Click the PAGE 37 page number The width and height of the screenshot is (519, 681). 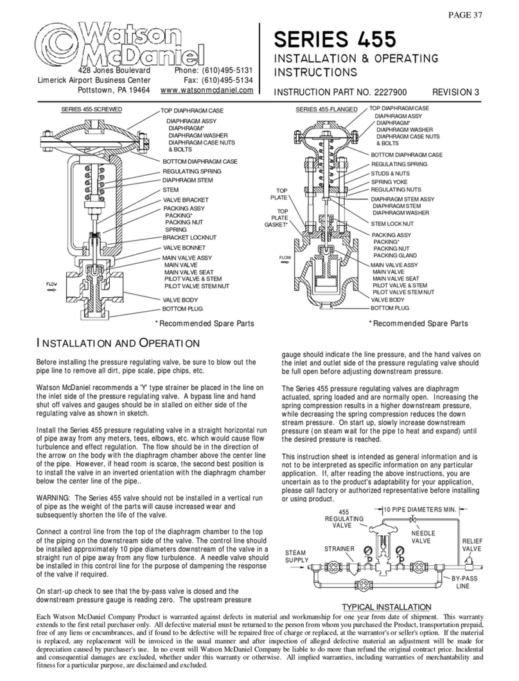pos(464,15)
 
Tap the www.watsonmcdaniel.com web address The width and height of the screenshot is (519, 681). pos(207,91)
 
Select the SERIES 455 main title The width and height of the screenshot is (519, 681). pos(335,39)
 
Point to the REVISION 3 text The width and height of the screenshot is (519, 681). pos(455,92)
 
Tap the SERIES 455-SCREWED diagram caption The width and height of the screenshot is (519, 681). pos(91,110)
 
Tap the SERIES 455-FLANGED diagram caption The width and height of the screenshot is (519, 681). pos(326,110)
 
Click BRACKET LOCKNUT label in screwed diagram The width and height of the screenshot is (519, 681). pos(189,237)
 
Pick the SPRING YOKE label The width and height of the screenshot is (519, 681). pos(389,182)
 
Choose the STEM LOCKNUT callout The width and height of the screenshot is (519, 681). pos(392,223)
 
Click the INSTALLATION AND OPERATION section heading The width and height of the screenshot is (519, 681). pos(118,343)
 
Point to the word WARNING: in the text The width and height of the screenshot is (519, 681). pos(53,498)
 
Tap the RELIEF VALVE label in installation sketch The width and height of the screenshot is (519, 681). pos(472,545)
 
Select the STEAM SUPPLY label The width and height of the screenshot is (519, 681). pos(297,556)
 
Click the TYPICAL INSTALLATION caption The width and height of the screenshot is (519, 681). pos(387,607)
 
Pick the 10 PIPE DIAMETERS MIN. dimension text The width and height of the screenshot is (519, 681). pos(420,510)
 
